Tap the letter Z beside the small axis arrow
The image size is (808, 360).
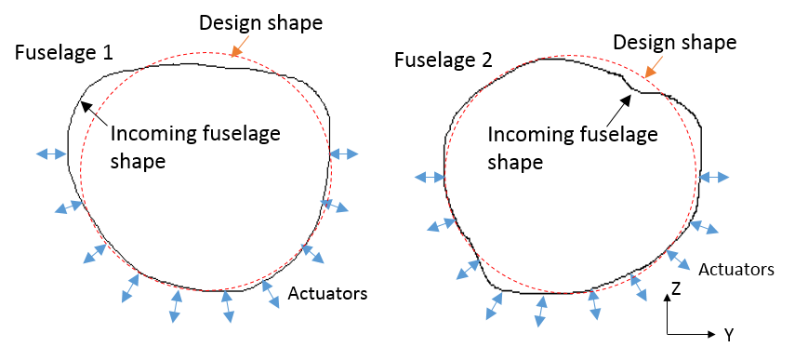[x=676, y=289]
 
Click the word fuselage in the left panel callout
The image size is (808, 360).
[x=234, y=134]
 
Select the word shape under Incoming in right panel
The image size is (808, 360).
[x=515, y=162]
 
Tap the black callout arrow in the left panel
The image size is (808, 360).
[x=93, y=113]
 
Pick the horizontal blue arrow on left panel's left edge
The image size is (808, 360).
[x=51, y=153]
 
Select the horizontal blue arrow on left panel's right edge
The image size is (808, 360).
[x=344, y=153]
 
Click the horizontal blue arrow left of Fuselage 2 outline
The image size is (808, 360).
[x=430, y=177]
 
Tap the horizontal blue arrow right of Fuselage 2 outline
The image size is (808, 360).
[x=715, y=177]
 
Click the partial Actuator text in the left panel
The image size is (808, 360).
[x=317, y=294]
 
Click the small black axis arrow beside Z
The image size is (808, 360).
[x=666, y=299]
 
